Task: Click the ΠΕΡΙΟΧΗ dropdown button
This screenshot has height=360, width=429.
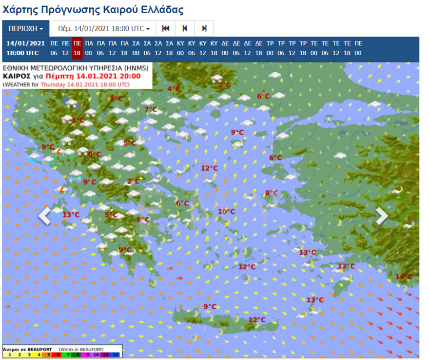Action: click(26, 29)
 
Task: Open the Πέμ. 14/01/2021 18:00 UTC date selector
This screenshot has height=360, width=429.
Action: click(103, 29)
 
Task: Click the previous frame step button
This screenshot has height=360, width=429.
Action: click(185, 29)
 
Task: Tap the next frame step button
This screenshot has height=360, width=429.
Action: click(204, 29)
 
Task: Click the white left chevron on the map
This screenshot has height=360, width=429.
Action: click(45, 216)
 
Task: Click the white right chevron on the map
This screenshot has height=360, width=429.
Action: click(382, 216)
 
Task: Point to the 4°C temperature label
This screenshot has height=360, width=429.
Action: click(174, 89)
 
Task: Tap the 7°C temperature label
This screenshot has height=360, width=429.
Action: click(151, 110)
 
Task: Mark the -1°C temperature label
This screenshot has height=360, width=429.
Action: click(77, 120)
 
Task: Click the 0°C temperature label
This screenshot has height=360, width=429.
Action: click(94, 155)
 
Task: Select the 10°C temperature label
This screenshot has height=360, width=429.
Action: click(226, 212)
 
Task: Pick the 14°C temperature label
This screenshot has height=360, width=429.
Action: click(403, 277)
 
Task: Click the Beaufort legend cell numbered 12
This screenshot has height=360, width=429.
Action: click(116, 355)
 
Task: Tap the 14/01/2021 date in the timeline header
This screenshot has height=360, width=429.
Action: click(25, 43)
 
